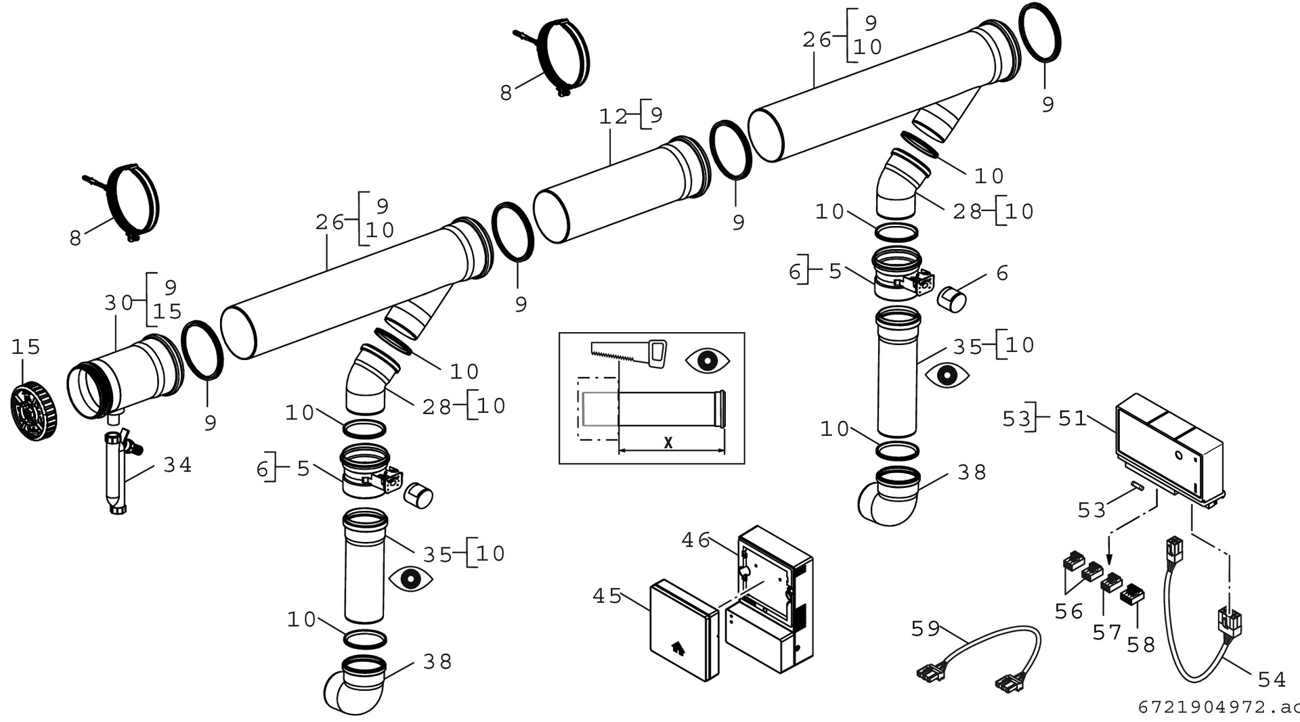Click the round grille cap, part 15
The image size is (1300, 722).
point(33,411)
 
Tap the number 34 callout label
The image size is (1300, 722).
point(177,465)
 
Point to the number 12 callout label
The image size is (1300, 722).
point(613,116)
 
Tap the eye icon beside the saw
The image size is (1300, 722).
point(707,361)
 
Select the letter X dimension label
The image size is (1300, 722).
point(668,443)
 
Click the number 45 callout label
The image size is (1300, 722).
point(607,596)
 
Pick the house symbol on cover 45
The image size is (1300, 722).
point(677,648)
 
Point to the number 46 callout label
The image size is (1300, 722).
point(695,540)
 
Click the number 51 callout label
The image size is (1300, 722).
point(1072,419)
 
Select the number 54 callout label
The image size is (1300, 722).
point(1272,679)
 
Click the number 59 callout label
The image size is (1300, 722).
point(925,629)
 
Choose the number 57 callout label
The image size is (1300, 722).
point(1107,633)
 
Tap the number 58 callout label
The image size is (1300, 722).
point(1141,645)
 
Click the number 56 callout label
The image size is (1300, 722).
point(1069,612)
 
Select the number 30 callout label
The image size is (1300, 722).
point(118,302)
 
